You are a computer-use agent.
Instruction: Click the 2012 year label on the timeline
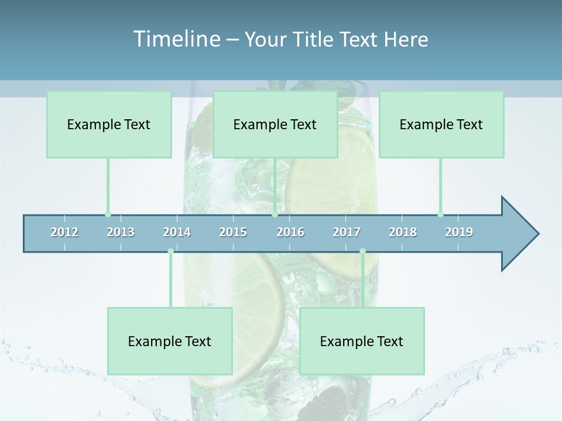pos(64,232)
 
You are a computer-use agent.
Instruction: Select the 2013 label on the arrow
pos(121,232)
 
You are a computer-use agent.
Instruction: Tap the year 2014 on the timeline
pos(177,232)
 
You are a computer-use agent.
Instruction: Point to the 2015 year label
pos(233,232)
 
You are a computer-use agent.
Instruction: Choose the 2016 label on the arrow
pos(290,232)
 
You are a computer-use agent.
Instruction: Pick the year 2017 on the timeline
pos(347,232)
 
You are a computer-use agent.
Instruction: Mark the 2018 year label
pos(403,232)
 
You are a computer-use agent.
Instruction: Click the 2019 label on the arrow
pos(459,232)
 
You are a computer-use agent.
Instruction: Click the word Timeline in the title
pos(176,39)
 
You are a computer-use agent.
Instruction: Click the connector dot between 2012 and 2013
pos(108,214)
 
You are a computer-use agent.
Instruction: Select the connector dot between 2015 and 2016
pos(275,214)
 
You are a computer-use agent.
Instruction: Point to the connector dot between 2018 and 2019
pos(440,214)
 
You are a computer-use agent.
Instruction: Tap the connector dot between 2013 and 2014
pos(170,251)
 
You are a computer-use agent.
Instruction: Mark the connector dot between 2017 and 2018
pos(362,251)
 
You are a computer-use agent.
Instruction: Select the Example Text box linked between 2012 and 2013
pos(109,125)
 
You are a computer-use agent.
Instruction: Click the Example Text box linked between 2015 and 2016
pos(275,125)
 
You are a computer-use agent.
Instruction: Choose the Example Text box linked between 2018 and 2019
pos(441,125)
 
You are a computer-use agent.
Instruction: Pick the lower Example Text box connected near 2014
pos(170,341)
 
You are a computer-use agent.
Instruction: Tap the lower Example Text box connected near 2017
pos(362,341)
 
